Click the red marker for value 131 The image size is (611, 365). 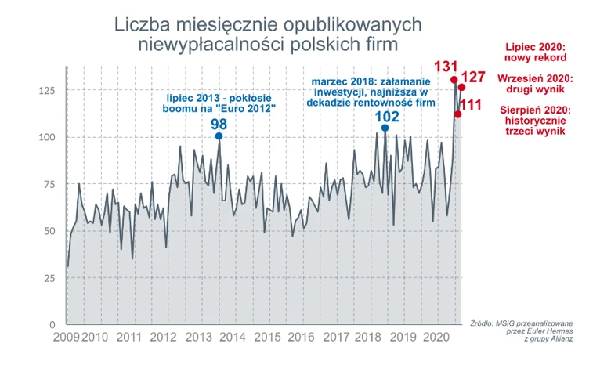coord(454,80)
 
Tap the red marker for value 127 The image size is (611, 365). coord(461,88)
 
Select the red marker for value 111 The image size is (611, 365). coord(457,114)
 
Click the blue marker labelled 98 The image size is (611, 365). coord(219,136)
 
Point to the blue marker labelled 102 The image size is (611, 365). coord(385,128)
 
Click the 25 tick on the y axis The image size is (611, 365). coord(49,279)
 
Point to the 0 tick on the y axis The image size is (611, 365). coord(52,325)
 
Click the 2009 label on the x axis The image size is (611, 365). coord(67,338)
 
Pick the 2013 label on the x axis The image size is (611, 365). coord(197,338)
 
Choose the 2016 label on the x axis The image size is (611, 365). coord(302,338)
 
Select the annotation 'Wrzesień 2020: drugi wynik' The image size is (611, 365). coord(537,84)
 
